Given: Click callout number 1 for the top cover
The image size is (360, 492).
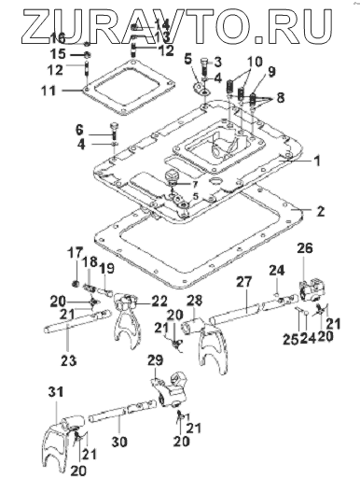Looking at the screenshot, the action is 317,162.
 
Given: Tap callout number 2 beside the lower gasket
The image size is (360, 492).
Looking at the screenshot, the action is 320,211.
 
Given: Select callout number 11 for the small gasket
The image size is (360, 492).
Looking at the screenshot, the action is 49,91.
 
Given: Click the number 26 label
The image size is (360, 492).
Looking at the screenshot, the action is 305,248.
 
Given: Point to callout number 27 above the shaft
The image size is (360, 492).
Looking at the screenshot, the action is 244,282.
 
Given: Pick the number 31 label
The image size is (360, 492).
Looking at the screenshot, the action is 56,392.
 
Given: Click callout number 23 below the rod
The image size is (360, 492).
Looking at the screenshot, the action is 69,360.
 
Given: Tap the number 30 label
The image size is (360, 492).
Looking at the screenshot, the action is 119,442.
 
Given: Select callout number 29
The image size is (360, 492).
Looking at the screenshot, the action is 156,360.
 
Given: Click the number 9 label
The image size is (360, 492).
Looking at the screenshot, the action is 271,72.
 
